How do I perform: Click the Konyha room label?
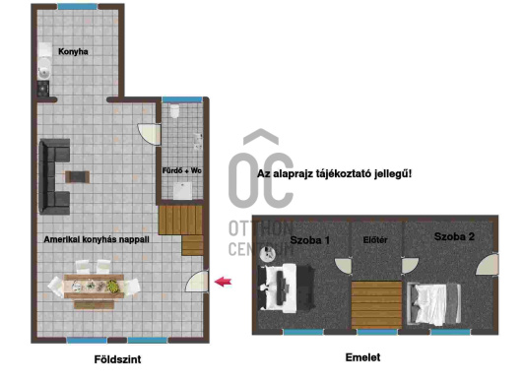click(73, 51)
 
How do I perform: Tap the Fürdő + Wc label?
click(182, 170)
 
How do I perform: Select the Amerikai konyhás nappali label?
click(97, 239)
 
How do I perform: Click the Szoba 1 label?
click(309, 240)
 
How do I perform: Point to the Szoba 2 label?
click(454, 236)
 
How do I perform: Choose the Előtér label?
click(375, 240)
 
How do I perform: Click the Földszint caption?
click(117, 359)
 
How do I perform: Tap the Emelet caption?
click(362, 357)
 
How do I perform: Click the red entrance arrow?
click(223, 282)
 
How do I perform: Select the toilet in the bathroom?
click(174, 111)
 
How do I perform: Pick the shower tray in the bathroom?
click(182, 190)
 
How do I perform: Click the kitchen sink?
click(44, 69)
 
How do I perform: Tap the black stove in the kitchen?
click(43, 89)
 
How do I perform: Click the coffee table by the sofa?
click(77, 176)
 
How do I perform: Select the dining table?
click(94, 287)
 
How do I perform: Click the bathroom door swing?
click(149, 134)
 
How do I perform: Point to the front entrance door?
click(197, 282)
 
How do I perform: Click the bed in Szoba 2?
click(433, 304)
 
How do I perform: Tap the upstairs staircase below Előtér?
click(376, 305)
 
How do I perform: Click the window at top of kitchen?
click(78, 7)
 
